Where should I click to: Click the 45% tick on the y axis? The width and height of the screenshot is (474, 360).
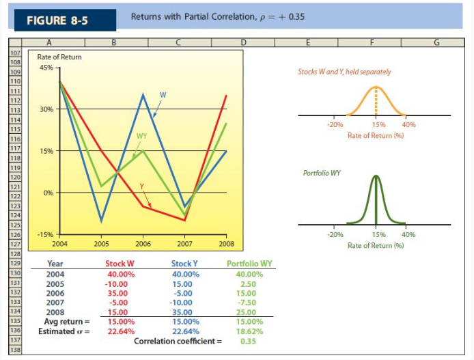tap(46, 68)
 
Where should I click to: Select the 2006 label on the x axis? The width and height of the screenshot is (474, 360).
tap(143, 243)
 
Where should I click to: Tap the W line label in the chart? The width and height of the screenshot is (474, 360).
tap(163, 94)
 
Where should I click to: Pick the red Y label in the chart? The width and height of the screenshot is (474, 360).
tap(143, 186)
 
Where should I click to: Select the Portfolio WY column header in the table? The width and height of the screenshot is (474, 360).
tap(249, 264)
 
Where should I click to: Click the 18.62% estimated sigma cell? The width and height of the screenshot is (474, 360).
tap(249, 331)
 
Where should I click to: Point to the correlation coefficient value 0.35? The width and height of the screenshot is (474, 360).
tap(248, 340)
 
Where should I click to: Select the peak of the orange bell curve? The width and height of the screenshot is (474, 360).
tap(376, 89)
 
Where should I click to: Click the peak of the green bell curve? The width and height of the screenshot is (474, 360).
tap(376, 177)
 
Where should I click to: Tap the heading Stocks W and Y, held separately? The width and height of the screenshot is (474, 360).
tap(344, 72)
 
